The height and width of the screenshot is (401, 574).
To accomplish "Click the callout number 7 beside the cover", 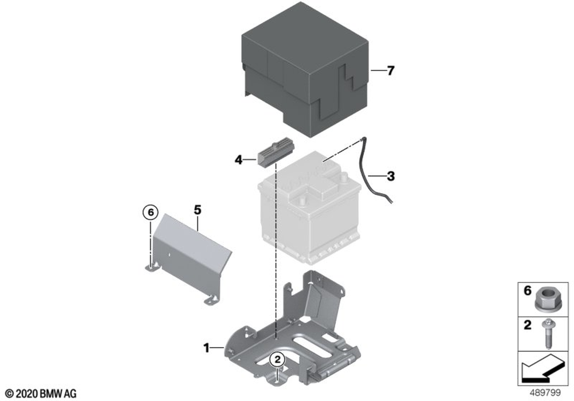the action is (x=390, y=70).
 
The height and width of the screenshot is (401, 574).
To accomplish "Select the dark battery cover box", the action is (x=305, y=69).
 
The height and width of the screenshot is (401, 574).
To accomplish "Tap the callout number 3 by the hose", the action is (x=391, y=176).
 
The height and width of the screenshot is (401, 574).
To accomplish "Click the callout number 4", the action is (x=239, y=160).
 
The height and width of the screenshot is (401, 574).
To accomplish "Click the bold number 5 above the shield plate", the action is (x=197, y=210).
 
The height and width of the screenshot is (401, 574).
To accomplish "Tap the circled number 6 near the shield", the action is (x=150, y=212).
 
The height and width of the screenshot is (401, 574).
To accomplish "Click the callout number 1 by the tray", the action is (x=207, y=348).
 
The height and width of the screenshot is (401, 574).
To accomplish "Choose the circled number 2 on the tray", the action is (x=277, y=360).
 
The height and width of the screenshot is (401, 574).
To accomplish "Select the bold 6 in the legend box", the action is (x=527, y=291).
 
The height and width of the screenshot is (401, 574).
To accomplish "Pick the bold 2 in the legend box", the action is (x=527, y=325).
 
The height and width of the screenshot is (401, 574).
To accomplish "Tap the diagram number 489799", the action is (x=545, y=393).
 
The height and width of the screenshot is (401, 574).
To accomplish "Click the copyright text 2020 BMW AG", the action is (x=41, y=394).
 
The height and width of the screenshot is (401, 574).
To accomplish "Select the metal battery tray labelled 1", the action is (x=293, y=331).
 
